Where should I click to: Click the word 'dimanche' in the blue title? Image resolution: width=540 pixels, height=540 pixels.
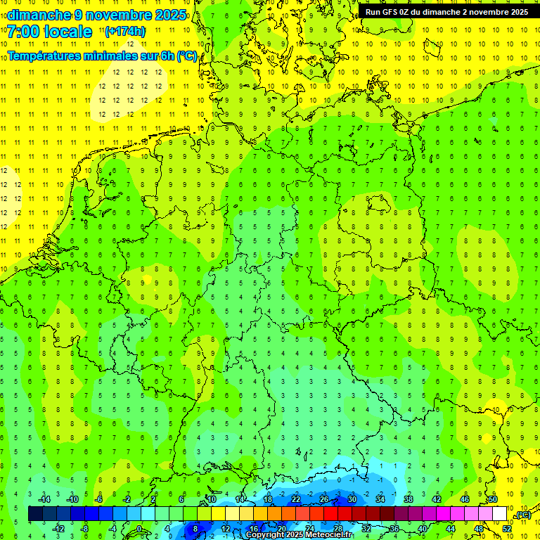click(x=34, y=15)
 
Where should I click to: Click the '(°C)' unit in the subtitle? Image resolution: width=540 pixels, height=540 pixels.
click(x=186, y=56)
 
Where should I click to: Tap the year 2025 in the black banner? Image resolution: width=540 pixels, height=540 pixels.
click(x=517, y=12)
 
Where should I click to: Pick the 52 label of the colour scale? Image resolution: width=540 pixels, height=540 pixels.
click(x=507, y=529)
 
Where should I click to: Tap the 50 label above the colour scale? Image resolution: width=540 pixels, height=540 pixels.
click(x=493, y=499)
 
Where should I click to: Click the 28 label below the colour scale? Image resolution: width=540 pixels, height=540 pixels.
click(x=337, y=529)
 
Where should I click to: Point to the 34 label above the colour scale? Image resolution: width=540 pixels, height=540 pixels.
click(x=380, y=499)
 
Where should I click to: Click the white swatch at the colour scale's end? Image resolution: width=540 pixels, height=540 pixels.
click(x=500, y=514)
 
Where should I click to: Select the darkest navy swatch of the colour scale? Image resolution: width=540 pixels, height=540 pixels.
click(x=35, y=514)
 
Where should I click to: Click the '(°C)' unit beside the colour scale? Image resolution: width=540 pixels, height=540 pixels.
click(x=522, y=515)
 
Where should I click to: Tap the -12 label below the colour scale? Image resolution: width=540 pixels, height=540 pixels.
click(x=59, y=529)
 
